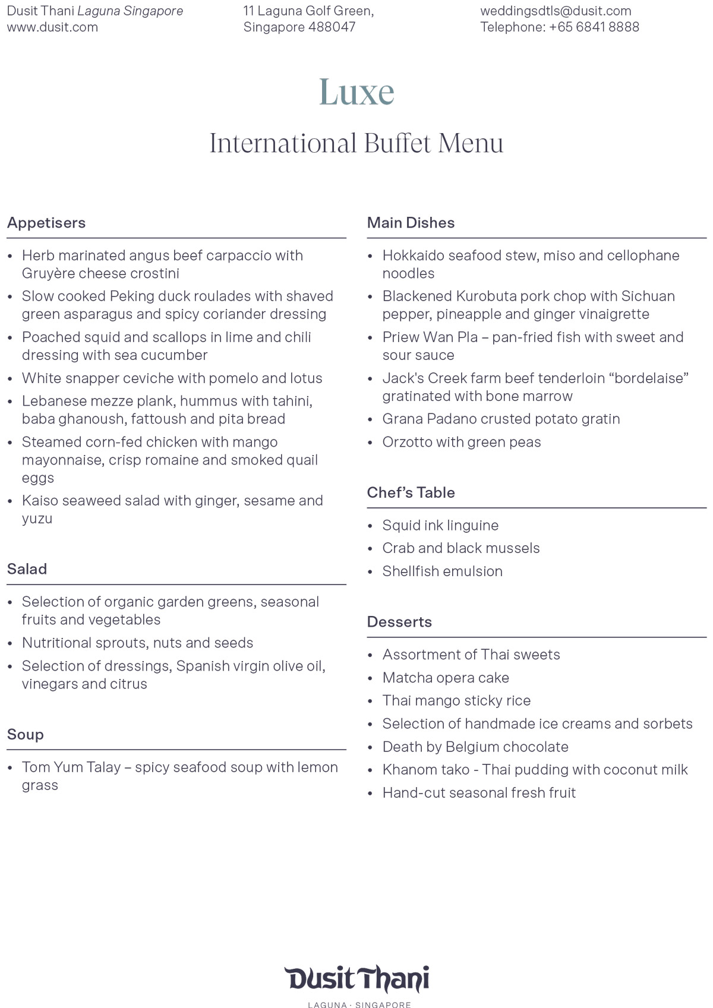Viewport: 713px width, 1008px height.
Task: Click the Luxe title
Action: pyautogui.click(x=356, y=92)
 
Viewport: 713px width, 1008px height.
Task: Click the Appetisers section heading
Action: pyautogui.click(x=46, y=223)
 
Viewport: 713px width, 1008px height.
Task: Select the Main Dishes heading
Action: pyautogui.click(x=411, y=223)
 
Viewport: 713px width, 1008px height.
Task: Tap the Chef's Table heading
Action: pyautogui.click(x=411, y=492)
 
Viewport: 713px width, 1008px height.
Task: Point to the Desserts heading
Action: pyautogui.click(x=399, y=622)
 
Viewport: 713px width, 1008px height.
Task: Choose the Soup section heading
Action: pyautogui.click(x=26, y=735)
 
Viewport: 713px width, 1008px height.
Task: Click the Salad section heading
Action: pyautogui.click(x=27, y=569)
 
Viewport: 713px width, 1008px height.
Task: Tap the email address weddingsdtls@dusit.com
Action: pyautogui.click(x=556, y=11)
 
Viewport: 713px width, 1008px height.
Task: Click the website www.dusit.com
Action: pyautogui.click(x=52, y=27)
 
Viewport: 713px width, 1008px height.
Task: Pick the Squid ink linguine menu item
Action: pyautogui.click(x=440, y=525)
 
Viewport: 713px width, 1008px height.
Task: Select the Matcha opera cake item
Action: pyautogui.click(x=446, y=678)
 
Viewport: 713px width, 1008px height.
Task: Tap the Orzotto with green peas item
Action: pyautogui.click(x=462, y=442)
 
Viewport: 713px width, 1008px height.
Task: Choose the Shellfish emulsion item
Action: pyautogui.click(x=442, y=571)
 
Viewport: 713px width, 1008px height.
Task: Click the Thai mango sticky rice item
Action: pyautogui.click(x=456, y=701)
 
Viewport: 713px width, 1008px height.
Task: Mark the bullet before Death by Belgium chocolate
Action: pyautogui.click(x=370, y=748)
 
